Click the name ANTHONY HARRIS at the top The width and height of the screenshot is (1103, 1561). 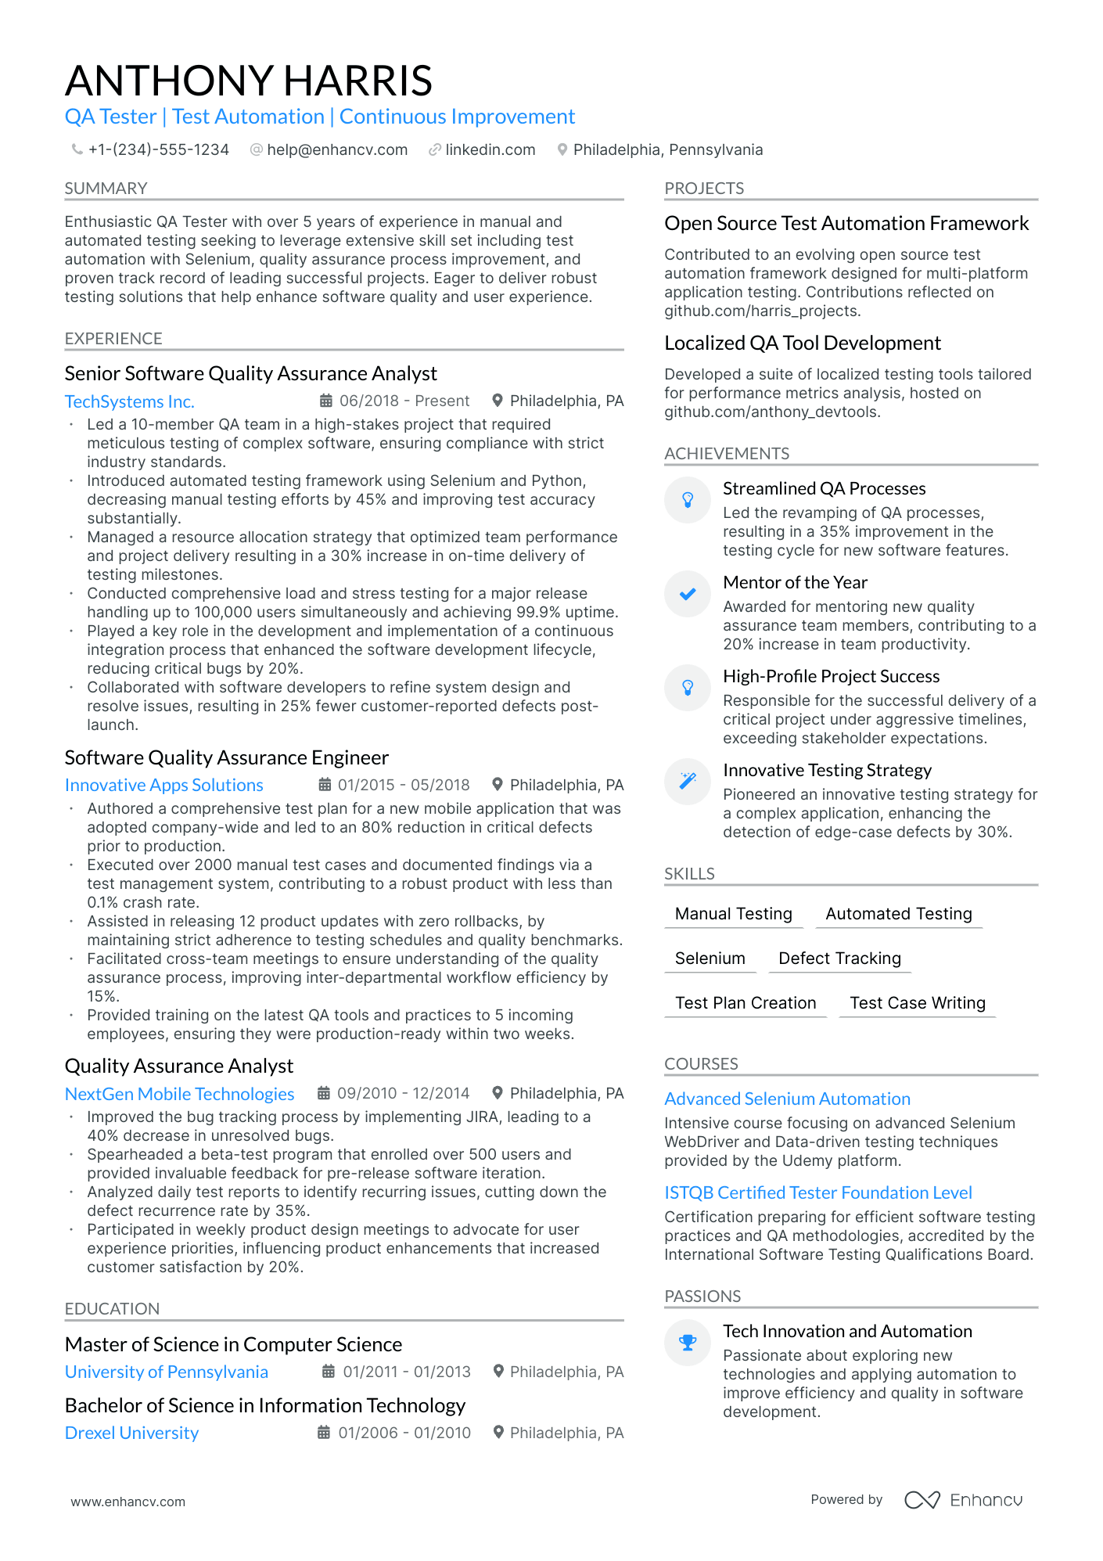click(x=249, y=81)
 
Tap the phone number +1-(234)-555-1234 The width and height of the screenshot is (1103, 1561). click(x=158, y=149)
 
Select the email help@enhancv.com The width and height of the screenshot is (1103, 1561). click(x=336, y=149)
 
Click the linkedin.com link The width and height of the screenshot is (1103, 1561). click(x=490, y=149)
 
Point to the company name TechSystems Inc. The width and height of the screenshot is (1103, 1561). click(x=129, y=401)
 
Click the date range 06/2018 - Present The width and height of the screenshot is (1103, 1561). click(x=404, y=401)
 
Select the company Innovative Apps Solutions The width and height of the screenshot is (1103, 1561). click(x=163, y=785)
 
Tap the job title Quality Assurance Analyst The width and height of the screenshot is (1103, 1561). click(x=179, y=1066)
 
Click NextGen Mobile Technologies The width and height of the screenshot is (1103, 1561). click(x=179, y=1094)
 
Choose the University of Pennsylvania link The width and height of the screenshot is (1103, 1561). click(x=166, y=1372)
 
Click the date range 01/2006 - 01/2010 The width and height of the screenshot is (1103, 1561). click(x=404, y=1433)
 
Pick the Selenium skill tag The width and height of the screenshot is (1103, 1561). click(x=710, y=959)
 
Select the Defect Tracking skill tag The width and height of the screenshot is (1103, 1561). click(x=839, y=959)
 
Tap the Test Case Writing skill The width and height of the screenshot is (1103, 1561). click(x=917, y=1003)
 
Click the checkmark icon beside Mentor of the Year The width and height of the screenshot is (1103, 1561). click(x=688, y=594)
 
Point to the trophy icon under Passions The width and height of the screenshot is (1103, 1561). click(x=688, y=1343)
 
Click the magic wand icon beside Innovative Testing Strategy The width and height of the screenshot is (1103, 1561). click(x=688, y=781)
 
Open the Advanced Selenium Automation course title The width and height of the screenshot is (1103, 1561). click(x=787, y=1099)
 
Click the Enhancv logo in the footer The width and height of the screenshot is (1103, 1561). click(x=963, y=1500)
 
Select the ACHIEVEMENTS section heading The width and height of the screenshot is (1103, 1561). click(x=727, y=454)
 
